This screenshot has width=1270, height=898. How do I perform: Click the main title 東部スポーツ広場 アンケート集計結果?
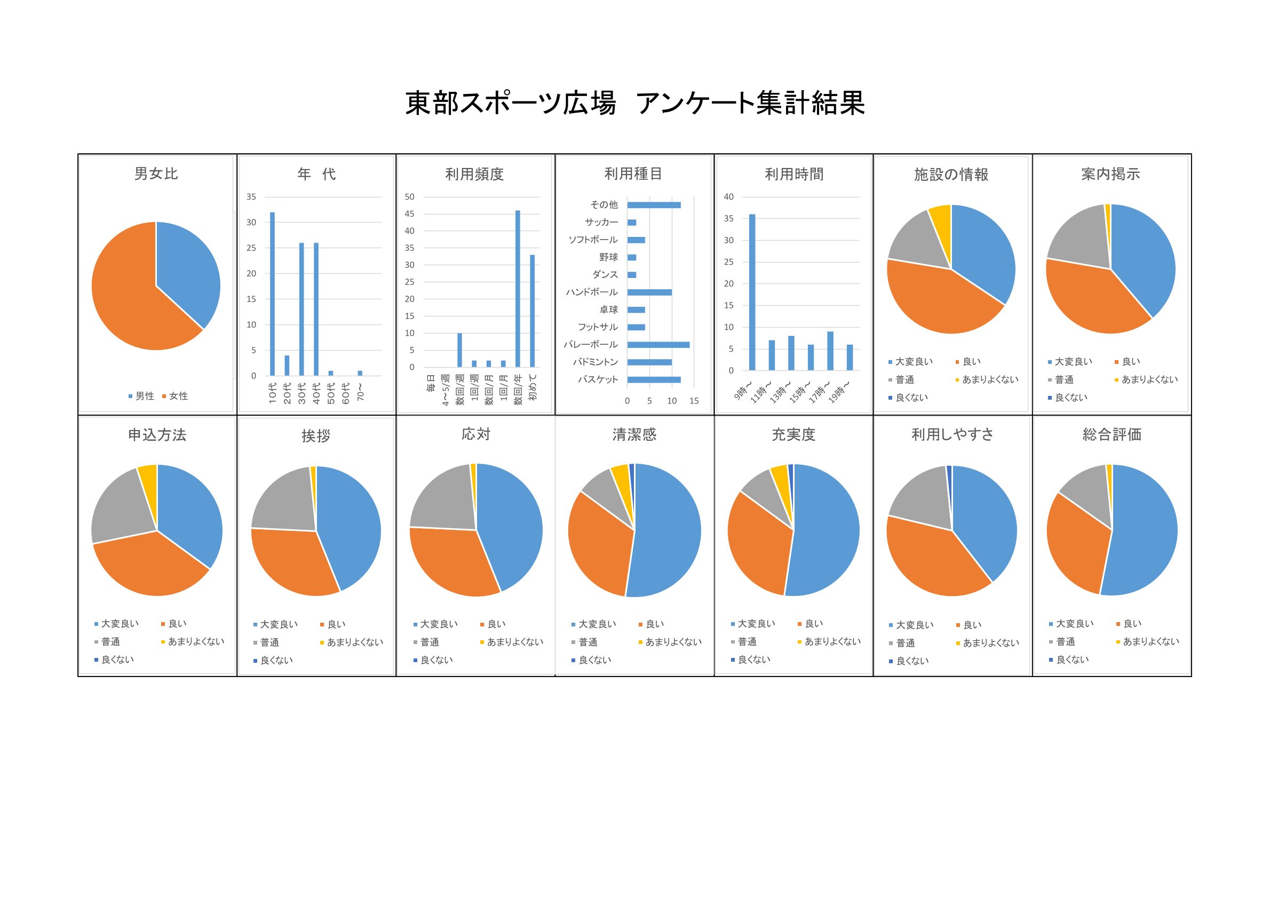point(634,104)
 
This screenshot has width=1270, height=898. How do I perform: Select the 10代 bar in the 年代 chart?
point(272,293)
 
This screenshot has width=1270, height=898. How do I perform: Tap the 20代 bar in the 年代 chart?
point(287,365)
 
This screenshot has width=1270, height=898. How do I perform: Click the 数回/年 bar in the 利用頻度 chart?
point(518,288)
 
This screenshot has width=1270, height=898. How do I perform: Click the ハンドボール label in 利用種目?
point(591,292)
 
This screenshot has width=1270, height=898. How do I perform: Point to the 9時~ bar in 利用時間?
point(752,291)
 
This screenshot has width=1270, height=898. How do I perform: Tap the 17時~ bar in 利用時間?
point(830,351)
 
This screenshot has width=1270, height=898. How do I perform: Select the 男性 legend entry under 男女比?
point(141,396)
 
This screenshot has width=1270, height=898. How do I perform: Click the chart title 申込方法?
point(157,435)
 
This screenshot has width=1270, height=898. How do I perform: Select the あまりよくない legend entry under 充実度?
point(829,641)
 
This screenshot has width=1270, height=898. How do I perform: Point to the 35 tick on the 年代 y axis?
point(251,197)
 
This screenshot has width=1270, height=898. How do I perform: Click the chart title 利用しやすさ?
point(952,435)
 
